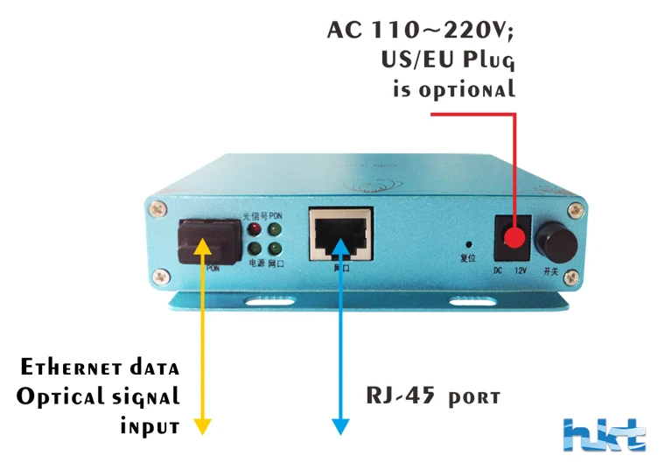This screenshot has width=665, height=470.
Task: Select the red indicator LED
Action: [x=255, y=229]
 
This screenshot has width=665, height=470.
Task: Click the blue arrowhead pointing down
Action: [x=340, y=426]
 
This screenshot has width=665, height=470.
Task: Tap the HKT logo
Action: [x=605, y=435]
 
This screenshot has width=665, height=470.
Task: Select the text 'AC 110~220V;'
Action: [x=421, y=30]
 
